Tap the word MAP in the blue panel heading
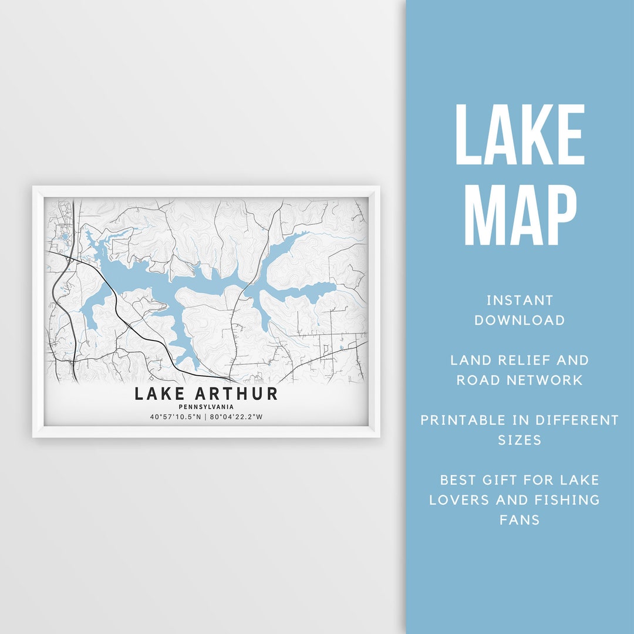tap(520, 215)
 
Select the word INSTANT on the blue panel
tap(520, 301)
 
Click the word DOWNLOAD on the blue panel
tap(520, 320)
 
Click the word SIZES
tap(520, 440)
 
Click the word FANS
tap(520, 520)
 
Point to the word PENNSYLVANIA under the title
tap(206, 406)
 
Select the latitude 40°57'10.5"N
tap(174, 417)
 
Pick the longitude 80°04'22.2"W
tap(237, 417)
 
